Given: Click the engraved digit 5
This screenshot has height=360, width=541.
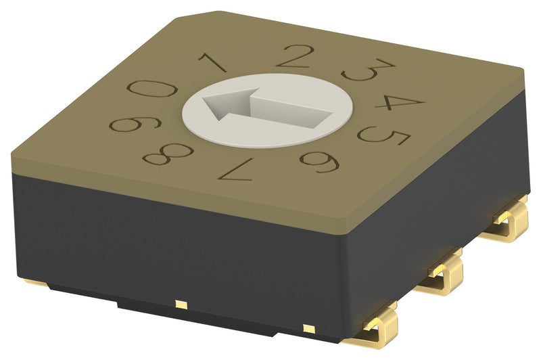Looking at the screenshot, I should pos(385,135).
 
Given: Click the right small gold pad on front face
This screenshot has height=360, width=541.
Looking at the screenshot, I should pos(309,329).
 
